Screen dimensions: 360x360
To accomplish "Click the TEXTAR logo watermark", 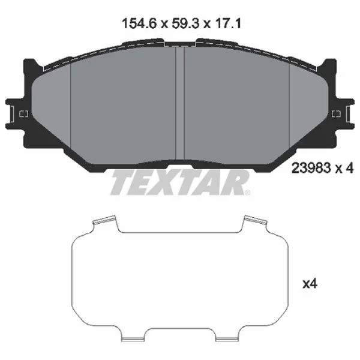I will point(179,182).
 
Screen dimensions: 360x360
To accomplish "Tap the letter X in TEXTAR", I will point(165,182).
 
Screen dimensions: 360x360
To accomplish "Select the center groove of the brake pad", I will point(179,102).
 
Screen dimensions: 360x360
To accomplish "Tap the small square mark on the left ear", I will point(24,115).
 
